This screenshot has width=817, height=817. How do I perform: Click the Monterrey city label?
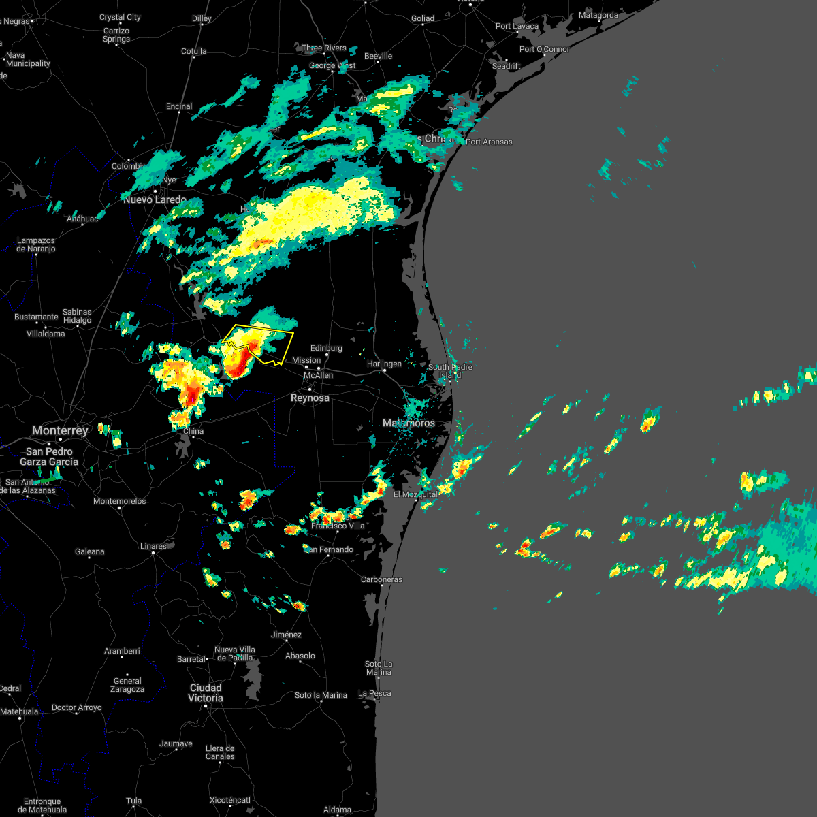[60, 430]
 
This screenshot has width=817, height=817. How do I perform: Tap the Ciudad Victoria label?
[206, 692]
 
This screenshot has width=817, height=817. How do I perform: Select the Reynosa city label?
[310, 398]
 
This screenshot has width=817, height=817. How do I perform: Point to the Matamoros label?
[408, 423]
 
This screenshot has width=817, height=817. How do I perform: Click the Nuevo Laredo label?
[155, 199]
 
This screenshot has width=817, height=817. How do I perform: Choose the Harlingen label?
[384, 364]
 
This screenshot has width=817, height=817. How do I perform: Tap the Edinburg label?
[326, 348]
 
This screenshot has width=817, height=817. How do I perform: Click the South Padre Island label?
[450, 371]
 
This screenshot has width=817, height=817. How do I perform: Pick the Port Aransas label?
[489, 142]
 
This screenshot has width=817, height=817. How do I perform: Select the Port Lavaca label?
[517, 26]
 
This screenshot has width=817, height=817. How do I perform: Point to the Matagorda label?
[598, 15]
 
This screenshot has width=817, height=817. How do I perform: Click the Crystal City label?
[120, 17]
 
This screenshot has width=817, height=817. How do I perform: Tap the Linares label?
[153, 546]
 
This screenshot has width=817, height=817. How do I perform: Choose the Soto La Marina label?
[378, 668]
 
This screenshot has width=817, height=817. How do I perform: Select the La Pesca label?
[375, 693]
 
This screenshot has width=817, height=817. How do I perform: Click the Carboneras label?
[381, 579]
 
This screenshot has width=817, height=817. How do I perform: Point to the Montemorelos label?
[120, 501]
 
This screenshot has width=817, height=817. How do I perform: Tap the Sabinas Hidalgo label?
[77, 316]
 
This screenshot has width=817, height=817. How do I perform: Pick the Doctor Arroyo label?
[76, 707]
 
